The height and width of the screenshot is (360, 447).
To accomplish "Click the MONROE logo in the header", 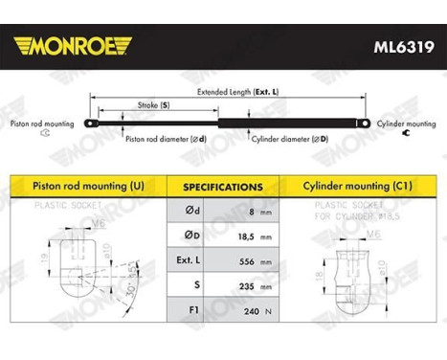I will tap(68, 45).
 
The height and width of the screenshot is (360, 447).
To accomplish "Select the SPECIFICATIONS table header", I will tap(223, 187).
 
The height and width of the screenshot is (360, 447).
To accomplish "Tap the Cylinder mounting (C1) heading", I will tap(359, 185).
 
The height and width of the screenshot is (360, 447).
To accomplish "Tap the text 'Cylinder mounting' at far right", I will tap(406, 124).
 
